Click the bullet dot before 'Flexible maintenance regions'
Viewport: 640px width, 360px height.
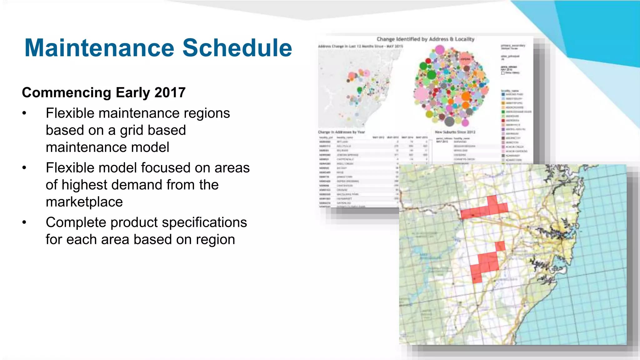pos(24,113)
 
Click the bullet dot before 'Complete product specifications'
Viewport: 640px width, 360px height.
pos(24,222)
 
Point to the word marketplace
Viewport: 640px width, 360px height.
pos(84,202)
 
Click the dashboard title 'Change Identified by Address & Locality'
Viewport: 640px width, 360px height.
pos(425,39)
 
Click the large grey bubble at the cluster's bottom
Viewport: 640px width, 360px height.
pos(449,121)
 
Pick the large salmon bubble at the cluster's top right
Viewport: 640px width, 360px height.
pos(465,59)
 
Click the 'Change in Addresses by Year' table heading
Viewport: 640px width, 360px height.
pos(341,132)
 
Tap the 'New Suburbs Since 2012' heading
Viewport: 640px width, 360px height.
pos(455,132)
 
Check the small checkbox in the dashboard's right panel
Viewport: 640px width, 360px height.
pos(503,73)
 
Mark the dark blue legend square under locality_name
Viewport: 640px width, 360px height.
pos(503,94)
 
